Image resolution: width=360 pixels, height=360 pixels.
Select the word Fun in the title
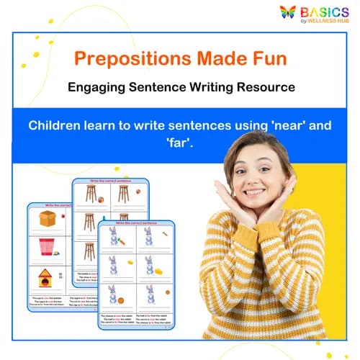(267, 58)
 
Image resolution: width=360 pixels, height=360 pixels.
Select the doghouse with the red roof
(47, 277)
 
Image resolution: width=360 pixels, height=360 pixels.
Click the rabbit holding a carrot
(149, 236)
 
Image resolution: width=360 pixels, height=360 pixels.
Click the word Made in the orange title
(215, 58)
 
